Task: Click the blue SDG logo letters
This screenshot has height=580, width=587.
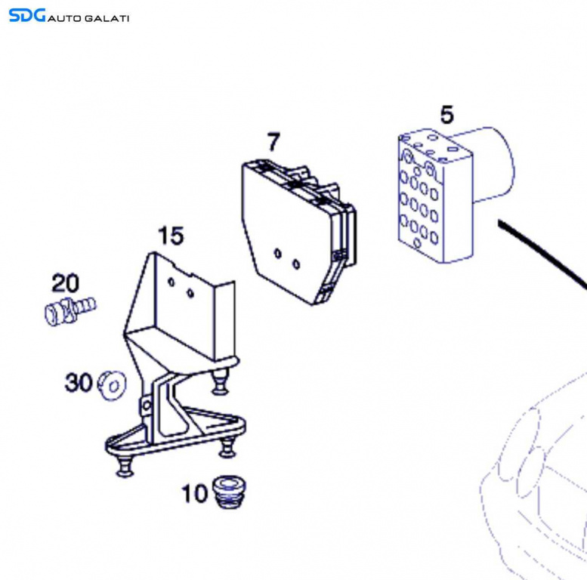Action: point(27,15)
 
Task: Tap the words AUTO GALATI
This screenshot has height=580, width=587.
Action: point(88,18)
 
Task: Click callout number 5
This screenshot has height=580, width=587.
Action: point(446,115)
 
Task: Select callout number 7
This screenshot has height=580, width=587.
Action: point(273,142)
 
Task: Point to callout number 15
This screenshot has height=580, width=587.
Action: point(171,236)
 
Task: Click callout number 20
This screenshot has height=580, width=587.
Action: point(65,283)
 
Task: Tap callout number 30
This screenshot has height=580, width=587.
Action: point(79,382)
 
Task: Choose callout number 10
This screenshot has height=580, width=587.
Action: point(194,493)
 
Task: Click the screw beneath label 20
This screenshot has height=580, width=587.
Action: point(70,311)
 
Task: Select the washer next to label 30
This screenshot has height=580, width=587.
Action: point(112,385)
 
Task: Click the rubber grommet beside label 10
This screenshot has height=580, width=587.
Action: point(229,492)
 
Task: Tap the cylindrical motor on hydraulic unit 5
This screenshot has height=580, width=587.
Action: point(490,165)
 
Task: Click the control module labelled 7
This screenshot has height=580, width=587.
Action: point(298,232)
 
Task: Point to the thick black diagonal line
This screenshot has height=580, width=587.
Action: point(542,254)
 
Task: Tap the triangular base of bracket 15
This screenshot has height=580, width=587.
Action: point(176,434)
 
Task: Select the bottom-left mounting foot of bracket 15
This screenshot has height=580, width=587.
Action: point(125,467)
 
